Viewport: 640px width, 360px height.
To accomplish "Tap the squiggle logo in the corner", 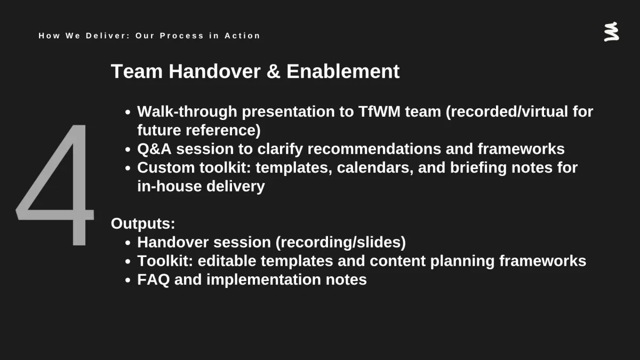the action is [611, 31].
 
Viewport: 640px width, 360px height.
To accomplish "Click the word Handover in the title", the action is [214, 71].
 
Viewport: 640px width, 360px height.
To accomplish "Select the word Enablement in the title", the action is [343, 71].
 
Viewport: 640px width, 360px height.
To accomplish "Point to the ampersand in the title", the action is [274, 71].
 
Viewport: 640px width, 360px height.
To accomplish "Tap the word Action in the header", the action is [242, 36].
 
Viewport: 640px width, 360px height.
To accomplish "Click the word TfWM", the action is [379, 111].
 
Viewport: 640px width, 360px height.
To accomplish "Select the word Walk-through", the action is [187, 111].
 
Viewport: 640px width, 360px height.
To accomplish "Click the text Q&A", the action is [154, 149].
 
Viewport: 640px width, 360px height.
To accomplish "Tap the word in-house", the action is [170, 186].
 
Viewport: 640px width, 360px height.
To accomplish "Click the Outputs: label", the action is [143, 223].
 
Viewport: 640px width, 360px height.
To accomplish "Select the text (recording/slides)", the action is [341, 243].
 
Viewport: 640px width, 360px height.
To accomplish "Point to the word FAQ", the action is [154, 279].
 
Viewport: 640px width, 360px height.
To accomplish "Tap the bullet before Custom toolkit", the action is [127, 169].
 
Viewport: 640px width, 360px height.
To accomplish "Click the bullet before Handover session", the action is [127, 243].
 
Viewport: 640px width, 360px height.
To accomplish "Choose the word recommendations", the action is [374, 149].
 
